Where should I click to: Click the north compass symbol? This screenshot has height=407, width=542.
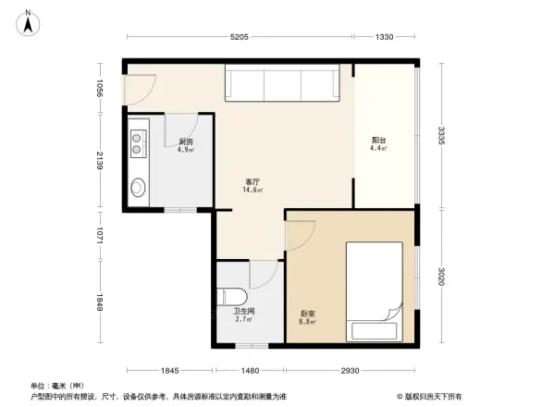pyautogui.click(x=29, y=22)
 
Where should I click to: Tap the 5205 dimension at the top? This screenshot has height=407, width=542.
pyautogui.click(x=240, y=37)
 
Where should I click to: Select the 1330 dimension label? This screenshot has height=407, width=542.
pyautogui.click(x=386, y=37)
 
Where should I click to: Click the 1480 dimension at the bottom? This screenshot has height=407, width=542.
pyautogui.click(x=250, y=369)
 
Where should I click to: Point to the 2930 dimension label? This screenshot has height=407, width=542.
pyautogui.click(x=349, y=369)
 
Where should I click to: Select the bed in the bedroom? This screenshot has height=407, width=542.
pyautogui.click(x=373, y=291)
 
